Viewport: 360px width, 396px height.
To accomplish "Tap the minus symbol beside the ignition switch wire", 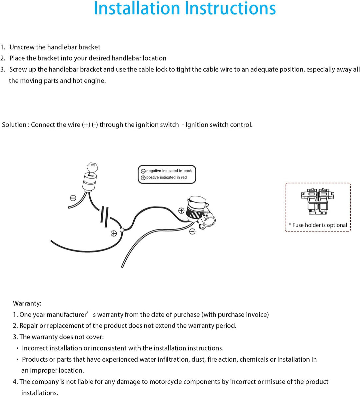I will coord(73,198).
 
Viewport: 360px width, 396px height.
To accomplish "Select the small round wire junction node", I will coord(122,230).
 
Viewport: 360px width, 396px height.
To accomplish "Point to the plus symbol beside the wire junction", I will coord(114,233).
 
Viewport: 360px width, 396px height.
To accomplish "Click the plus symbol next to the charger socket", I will coord(181,210).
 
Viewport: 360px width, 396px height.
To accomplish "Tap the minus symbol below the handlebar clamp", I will coord(192,231).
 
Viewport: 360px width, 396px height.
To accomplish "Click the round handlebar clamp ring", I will coord(210,221).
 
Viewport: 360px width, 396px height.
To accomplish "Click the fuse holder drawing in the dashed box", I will coord(317,201).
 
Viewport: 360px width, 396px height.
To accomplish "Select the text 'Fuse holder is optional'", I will coord(320,225).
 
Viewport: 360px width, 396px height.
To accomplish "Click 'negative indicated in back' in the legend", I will coord(169,171).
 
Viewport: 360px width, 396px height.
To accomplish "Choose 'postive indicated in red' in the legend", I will coord(166,178).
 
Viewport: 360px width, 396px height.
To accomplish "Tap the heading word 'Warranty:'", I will coord(27,303).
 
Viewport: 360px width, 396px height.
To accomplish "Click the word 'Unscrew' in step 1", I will coord(22,47).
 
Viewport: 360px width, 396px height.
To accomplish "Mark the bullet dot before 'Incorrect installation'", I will coord(17,349).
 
